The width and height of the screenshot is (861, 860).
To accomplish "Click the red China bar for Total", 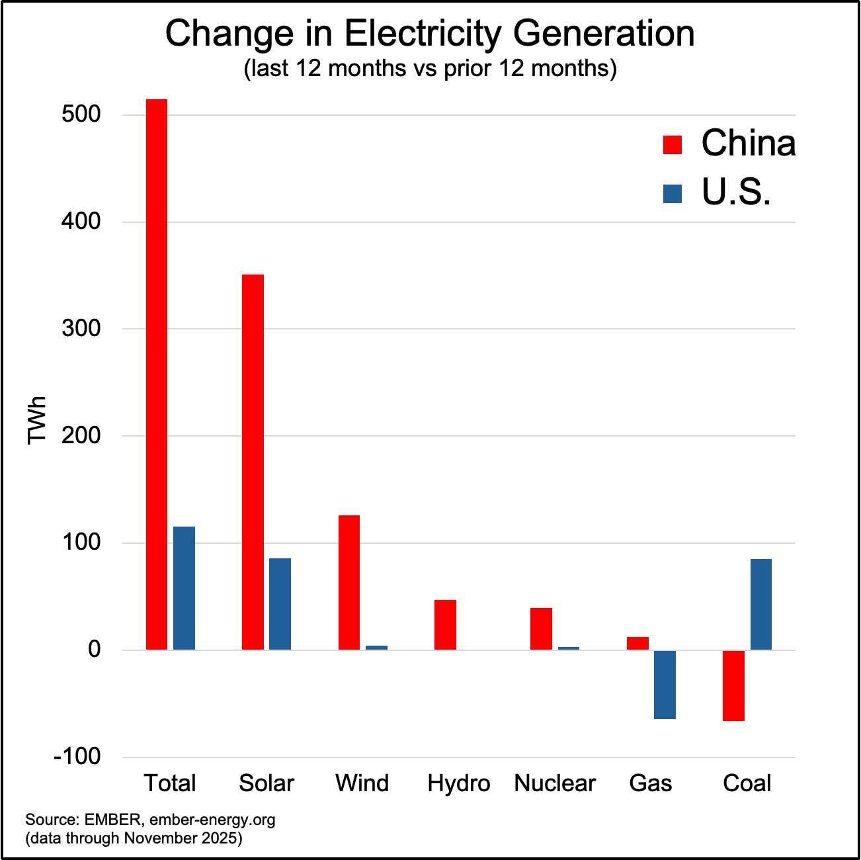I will (x=157, y=374).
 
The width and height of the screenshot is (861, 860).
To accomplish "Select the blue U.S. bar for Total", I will (x=184, y=588).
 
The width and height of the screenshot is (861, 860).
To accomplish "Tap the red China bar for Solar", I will (x=253, y=462).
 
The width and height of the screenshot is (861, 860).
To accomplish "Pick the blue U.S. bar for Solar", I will (x=280, y=604).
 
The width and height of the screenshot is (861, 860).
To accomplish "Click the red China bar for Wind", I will (x=349, y=582).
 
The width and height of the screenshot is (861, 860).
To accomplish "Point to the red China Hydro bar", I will (x=445, y=624).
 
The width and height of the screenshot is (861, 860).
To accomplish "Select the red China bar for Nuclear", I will (x=541, y=628).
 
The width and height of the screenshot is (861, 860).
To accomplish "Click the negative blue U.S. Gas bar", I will (x=665, y=685).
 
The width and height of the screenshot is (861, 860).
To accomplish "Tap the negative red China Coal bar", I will (x=733, y=685).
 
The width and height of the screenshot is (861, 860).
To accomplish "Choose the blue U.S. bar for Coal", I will (x=760, y=604).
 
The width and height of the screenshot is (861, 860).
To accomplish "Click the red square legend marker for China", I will (x=672, y=144).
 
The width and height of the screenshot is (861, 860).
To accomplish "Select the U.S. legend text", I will (x=736, y=192).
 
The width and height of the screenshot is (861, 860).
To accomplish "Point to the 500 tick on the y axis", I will (x=81, y=114).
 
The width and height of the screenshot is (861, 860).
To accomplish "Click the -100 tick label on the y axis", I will (x=77, y=756).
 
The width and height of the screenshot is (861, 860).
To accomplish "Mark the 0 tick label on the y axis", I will (x=94, y=649).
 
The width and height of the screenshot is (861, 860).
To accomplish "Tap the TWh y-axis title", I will (x=37, y=420).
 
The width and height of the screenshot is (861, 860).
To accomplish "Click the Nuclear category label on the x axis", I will (x=554, y=783).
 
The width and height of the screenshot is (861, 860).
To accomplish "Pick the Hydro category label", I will (x=458, y=783).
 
